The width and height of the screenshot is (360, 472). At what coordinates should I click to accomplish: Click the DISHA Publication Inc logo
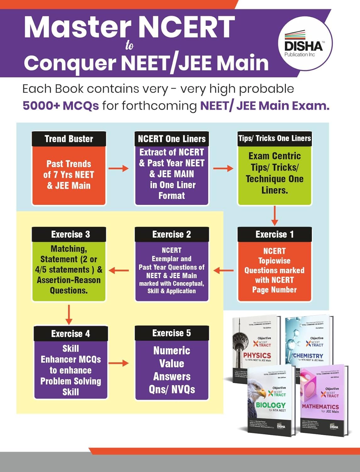tap(303, 46)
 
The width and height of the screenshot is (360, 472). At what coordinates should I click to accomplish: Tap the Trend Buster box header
tap(69, 139)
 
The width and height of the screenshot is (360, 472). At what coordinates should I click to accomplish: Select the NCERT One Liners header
tap(172, 139)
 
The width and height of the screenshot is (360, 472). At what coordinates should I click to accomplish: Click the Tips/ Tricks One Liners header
tap(274, 138)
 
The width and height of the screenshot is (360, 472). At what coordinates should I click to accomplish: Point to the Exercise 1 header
tap(274, 234)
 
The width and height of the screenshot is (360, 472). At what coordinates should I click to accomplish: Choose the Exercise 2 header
tap(172, 234)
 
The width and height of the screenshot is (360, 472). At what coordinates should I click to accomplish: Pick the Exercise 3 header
tap(69, 234)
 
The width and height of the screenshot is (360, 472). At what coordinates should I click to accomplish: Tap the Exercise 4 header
tap(71, 334)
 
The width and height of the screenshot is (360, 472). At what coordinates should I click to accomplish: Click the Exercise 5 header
tap(172, 333)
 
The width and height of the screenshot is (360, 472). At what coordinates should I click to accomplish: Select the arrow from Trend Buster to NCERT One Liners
tap(119, 169)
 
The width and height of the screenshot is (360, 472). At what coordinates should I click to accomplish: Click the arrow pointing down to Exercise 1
tap(274, 216)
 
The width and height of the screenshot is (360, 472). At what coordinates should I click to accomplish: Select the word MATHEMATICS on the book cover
tap(320, 407)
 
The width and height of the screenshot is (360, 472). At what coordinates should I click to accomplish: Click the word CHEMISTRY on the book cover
tap(308, 356)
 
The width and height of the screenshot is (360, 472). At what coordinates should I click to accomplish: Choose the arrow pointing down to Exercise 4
tap(69, 314)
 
